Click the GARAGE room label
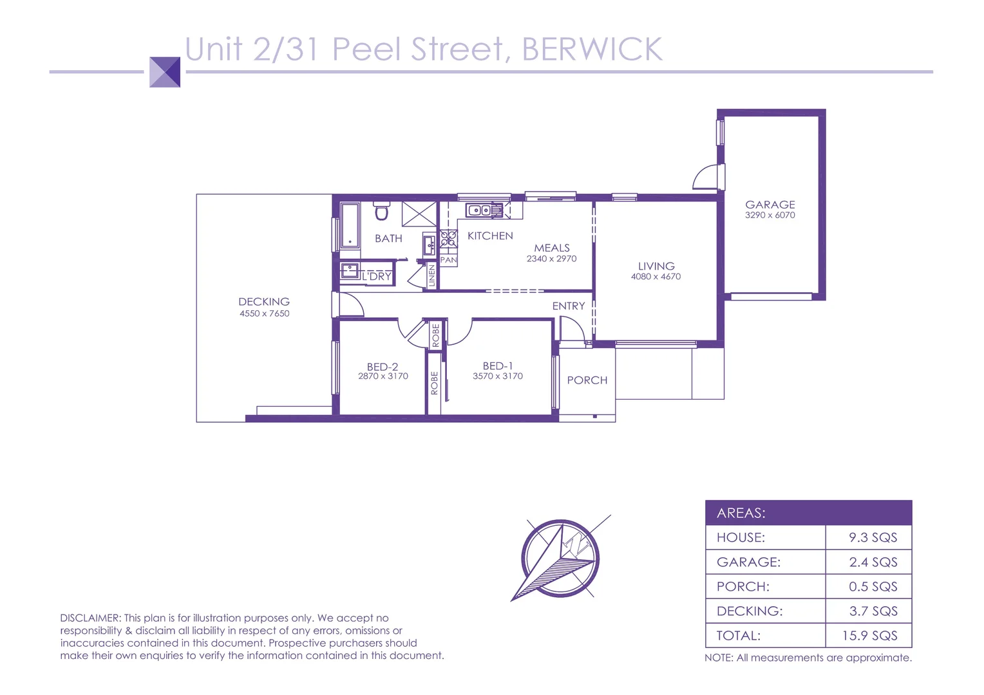[x=770, y=204]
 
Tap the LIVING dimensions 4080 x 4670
[x=656, y=277]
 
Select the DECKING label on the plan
[x=263, y=301]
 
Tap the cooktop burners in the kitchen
[x=448, y=239]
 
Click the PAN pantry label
[x=448, y=260]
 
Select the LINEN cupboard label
[x=432, y=276]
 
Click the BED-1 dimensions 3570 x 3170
[x=497, y=376]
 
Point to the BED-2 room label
[x=382, y=366]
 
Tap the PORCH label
[x=587, y=380]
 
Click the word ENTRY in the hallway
[x=568, y=306]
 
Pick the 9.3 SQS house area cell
[x=872, y=537]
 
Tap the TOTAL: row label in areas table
[x=738, y=636]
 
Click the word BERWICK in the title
[x=592, y=50]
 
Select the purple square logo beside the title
[x=165, y=72]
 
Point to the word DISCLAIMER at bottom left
[x=90, y=618]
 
